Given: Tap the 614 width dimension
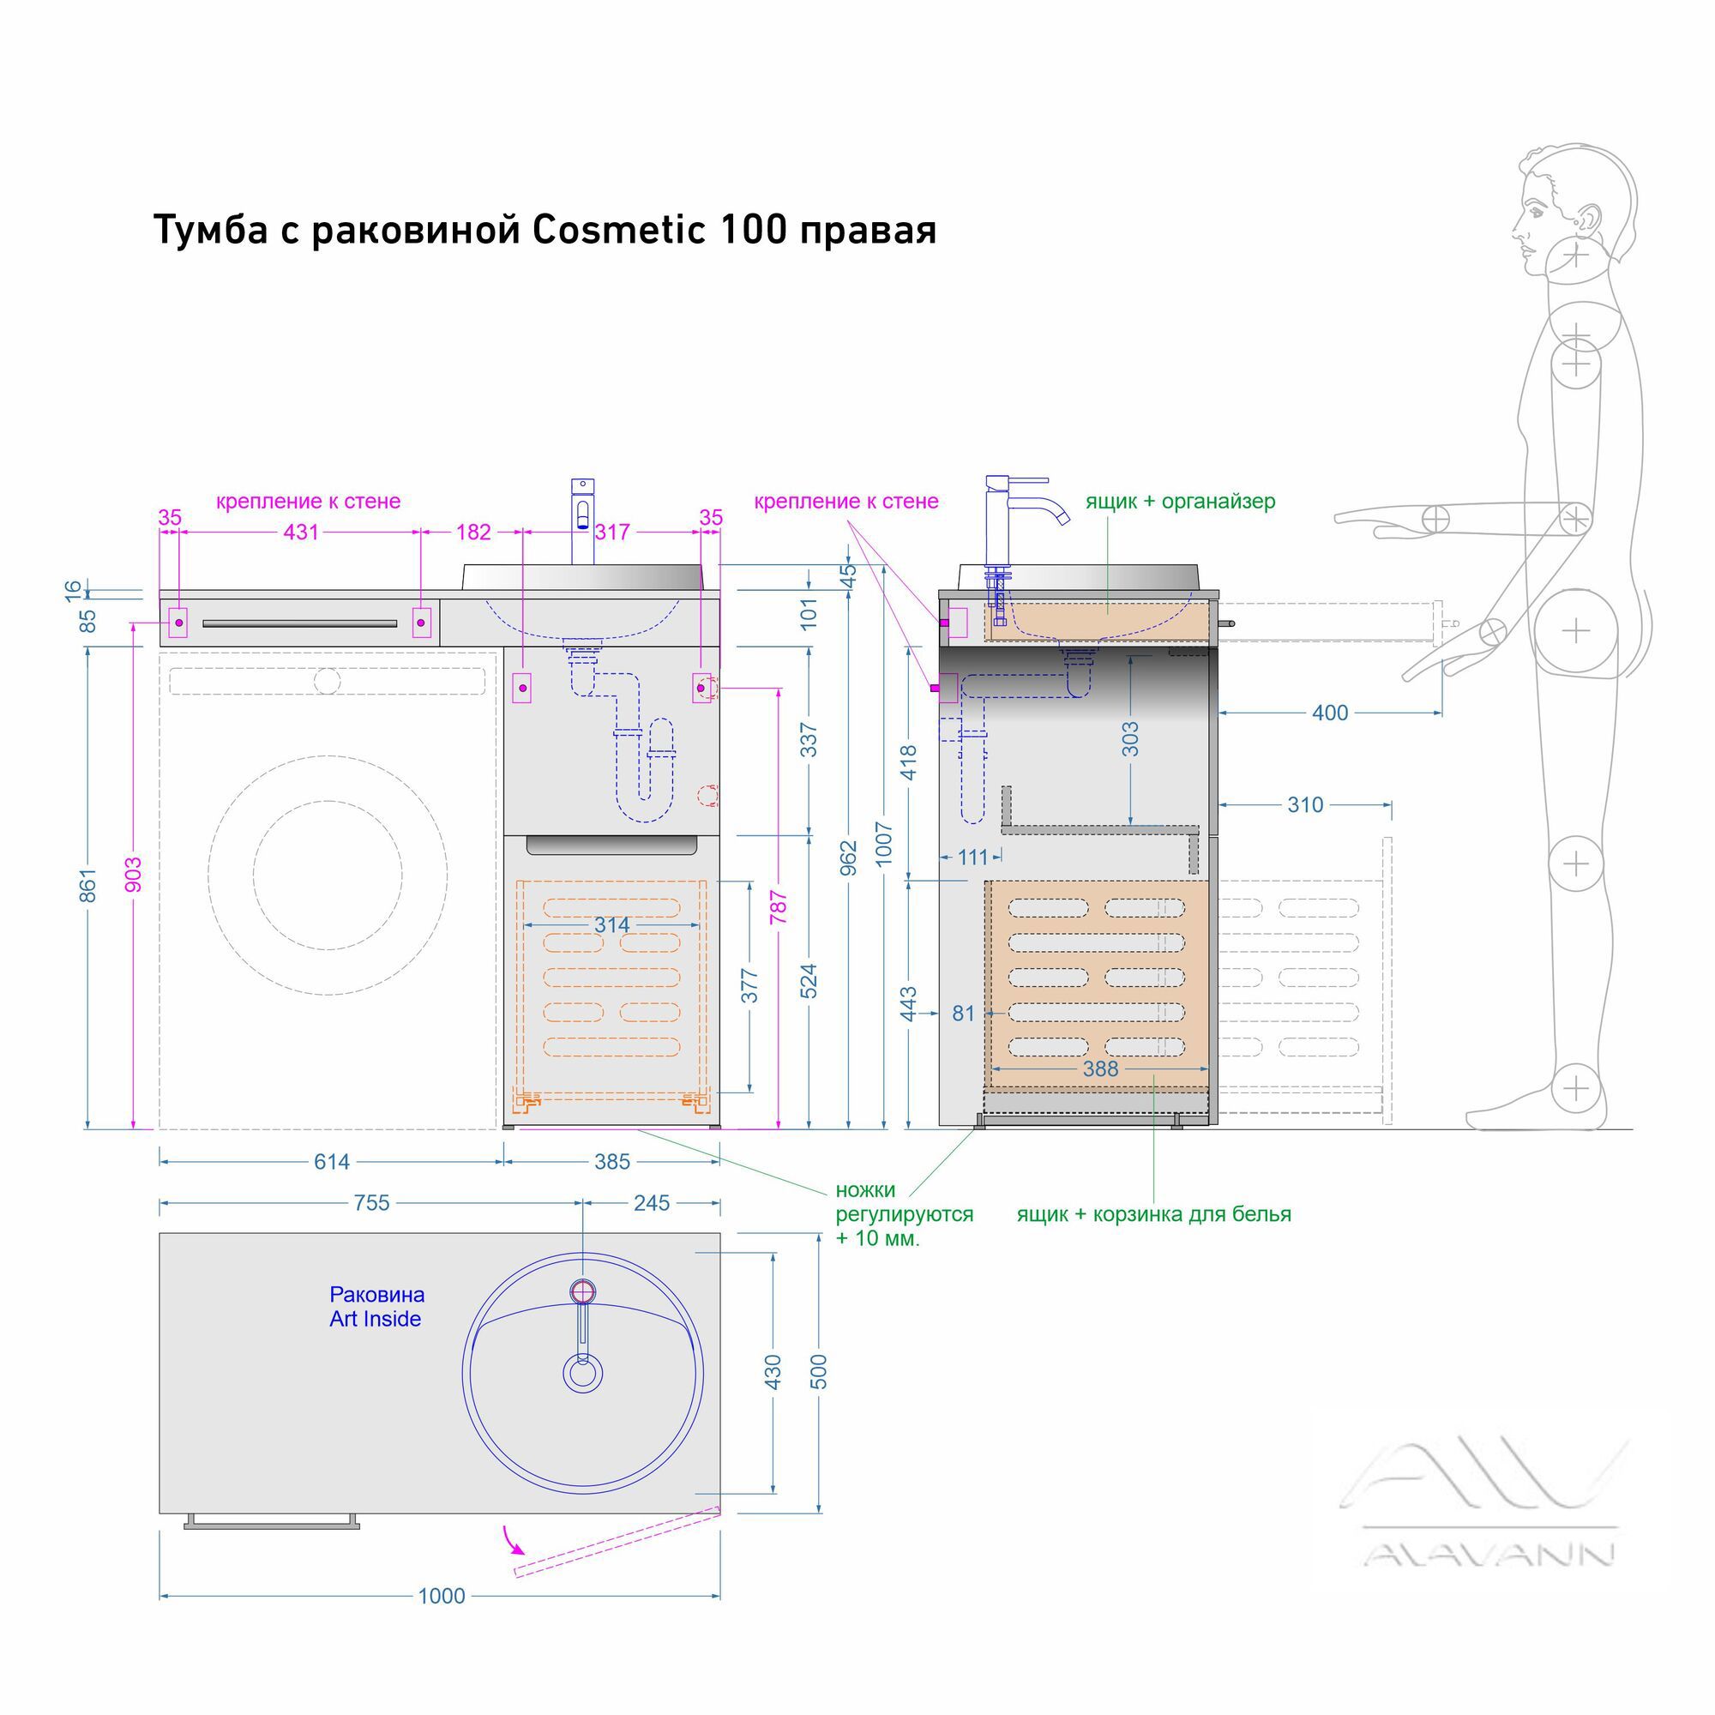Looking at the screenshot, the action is click(332, 1162).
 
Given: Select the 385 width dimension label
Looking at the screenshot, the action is click(611, 1162).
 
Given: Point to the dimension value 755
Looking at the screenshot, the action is click(371, 1203).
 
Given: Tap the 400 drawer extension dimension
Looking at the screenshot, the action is click(1330, 713).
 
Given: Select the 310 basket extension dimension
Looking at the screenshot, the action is click(1305, 805).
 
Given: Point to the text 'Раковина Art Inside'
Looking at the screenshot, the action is click(376, 1307).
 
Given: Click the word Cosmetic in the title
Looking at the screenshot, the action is click(619, 230).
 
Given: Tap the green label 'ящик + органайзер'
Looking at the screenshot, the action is click(1181, 502).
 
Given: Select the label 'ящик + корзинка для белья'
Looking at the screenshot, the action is click(1154, 1214).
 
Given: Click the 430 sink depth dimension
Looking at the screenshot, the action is click(773, 1372).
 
